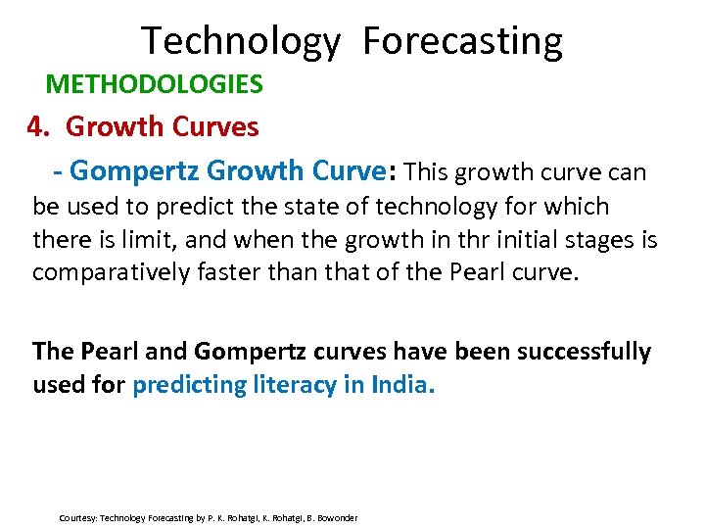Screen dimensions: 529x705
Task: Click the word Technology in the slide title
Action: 241,42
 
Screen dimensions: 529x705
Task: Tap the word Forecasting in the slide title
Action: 463,42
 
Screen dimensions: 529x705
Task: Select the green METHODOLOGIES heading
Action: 155,84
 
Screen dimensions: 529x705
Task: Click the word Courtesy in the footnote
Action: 77,517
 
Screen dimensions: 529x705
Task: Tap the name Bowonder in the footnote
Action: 336,517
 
